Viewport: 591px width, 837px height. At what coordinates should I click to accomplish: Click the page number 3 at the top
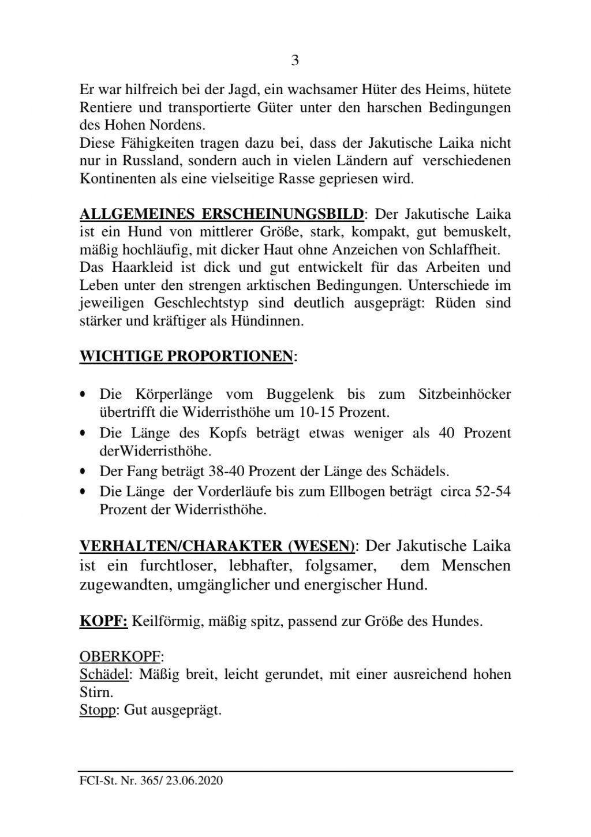[295, 61]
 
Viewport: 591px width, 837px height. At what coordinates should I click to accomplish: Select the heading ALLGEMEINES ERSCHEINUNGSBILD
[221, 214]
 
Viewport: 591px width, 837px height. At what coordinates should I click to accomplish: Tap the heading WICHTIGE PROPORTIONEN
[186, 356]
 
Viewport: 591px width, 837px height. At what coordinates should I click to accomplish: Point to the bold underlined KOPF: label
[103, 622]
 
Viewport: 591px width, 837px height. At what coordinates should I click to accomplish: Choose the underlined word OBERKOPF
[120, 657]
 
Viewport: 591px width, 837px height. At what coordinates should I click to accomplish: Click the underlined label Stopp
[98, 709]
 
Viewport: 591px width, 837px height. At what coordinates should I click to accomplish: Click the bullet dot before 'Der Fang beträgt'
[84, 472]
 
